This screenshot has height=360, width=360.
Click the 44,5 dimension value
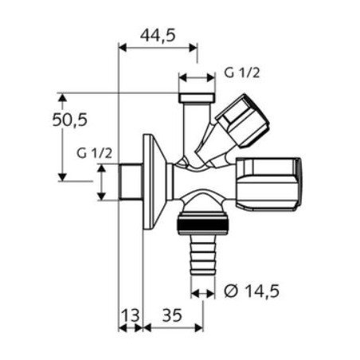(157, 34)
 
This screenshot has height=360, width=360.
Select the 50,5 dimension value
(72, 121)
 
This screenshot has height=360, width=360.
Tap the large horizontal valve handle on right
(271, 182)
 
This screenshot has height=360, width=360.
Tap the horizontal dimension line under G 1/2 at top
(196, 80)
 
